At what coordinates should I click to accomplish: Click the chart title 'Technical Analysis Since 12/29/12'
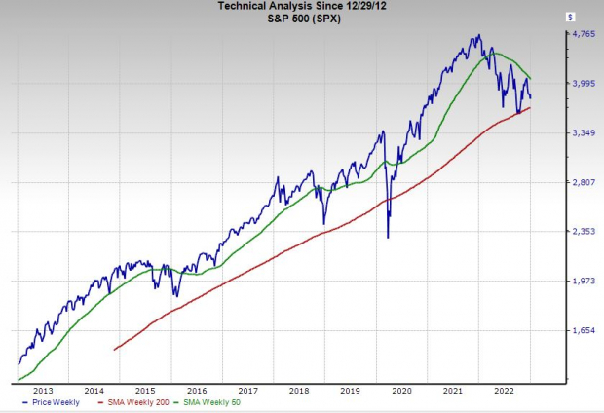(303, 7)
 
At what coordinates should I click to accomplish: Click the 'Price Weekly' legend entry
(55, 403)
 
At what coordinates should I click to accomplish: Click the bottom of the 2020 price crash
(388, 237)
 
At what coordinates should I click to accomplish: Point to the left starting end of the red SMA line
(115, 349)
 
